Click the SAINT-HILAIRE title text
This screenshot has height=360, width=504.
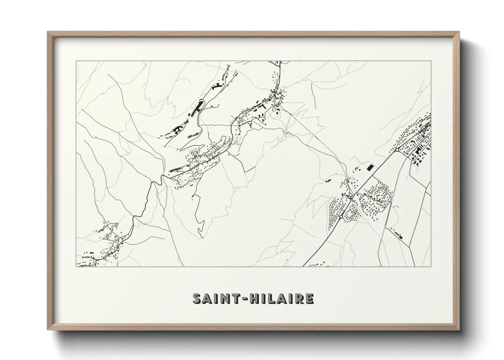253,298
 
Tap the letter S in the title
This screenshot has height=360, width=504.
197,299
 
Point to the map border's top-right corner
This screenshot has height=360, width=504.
431,61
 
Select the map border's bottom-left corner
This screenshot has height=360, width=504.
76,266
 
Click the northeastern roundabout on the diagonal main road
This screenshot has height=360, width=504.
397,149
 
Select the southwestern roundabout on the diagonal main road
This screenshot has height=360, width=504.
341,217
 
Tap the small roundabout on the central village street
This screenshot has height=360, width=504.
254,107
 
